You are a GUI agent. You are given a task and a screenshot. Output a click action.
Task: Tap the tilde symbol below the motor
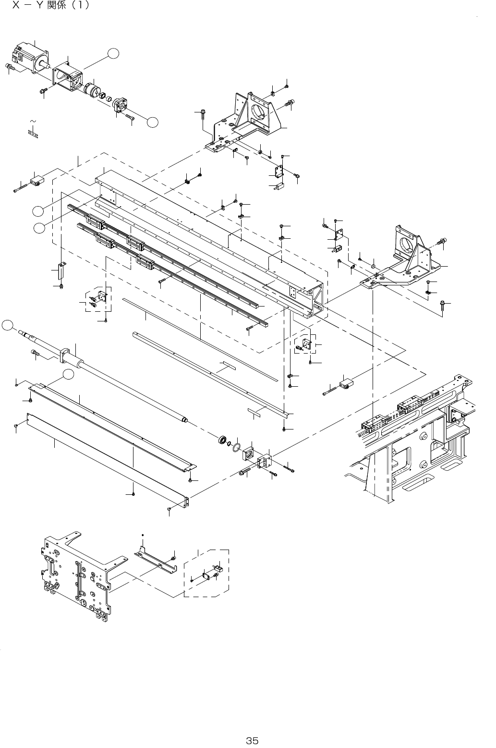pyautogui.click(x=33, y=121)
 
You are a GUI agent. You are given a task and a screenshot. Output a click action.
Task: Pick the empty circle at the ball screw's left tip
pyautogui.click(x=6, y=325)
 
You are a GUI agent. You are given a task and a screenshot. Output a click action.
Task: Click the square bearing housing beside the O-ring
pyautogui.click(x=249, y=453)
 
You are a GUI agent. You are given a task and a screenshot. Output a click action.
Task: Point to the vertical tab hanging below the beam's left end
pyautogui.click(x=61, y=271)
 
